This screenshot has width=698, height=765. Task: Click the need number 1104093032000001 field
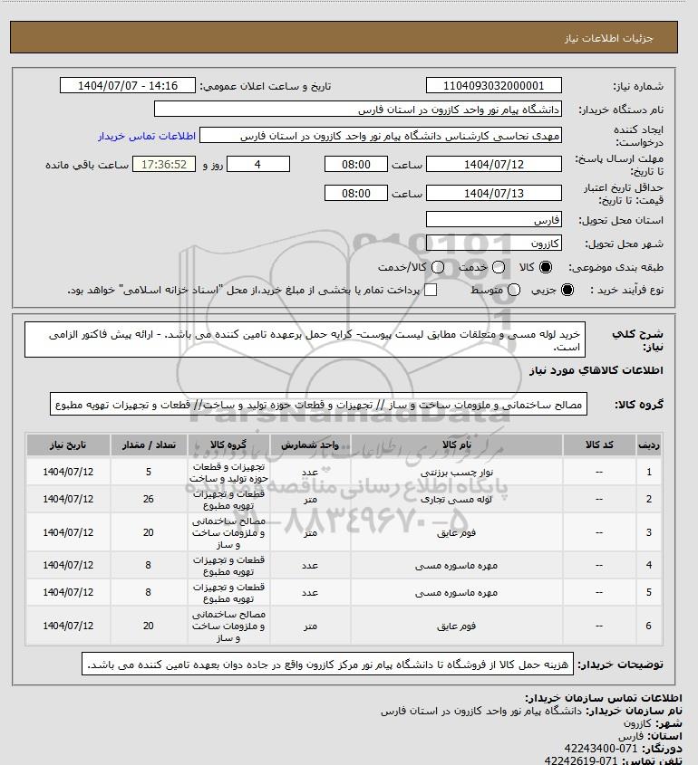click(x=493, y=86)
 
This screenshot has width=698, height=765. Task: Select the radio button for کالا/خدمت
click(x=439, y=267)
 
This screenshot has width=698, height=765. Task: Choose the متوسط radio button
click(x=514, y=290)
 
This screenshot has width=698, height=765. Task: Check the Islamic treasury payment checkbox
click(x=431, y=290)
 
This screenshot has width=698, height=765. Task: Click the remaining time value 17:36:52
click(x=164, y=164)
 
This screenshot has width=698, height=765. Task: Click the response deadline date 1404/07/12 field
click(x=493, y=164)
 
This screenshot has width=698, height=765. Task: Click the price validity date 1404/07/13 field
click(x=493, y=193)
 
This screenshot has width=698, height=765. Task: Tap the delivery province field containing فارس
click(x=493, y=220)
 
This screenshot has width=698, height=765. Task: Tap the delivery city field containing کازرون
click(x=493, y=244)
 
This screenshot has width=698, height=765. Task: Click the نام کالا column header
click(x=443, y=446)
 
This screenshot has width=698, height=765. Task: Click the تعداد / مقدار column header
click(x=149, y=446)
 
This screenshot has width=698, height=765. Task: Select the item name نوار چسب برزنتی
click(x=443, y=472)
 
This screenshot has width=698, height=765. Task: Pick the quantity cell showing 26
click(x=149, y=499)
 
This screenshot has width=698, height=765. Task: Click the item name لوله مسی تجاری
click(x=443, y=499)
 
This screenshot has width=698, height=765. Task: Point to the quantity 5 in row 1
click(x=149, y=472)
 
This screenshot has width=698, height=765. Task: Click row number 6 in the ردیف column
click(x=648, y=626)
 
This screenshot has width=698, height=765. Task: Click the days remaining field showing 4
click(x=257, y=164)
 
